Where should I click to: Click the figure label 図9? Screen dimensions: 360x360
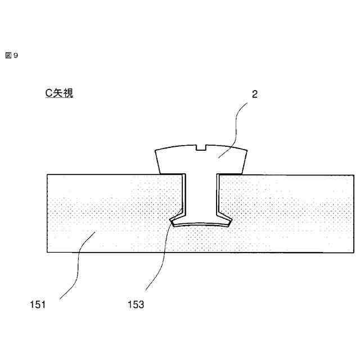point(12,55)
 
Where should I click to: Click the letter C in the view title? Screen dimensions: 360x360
point(49,94)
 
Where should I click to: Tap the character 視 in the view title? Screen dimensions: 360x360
point(67,94)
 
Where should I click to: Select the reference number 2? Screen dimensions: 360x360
point(254,94)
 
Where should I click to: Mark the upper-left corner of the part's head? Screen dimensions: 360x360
point(155,152)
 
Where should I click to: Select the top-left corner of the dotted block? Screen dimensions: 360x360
point(47,174)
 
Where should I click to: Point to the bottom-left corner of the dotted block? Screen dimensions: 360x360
point(47,253)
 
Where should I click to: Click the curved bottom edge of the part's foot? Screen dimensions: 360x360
point(201,224)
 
